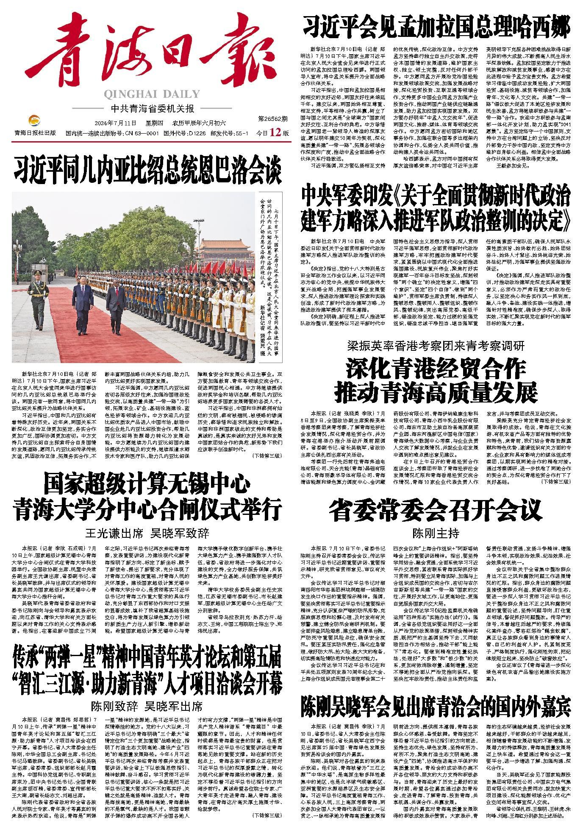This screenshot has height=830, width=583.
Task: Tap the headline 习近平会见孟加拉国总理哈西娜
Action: click(x=436, y=26)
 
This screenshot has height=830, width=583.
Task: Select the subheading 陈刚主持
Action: click(x=436, y=533)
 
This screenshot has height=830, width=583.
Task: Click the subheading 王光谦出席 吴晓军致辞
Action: click(x=147, y=533)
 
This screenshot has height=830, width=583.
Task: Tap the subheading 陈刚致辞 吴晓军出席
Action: click(x=147, y=707)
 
